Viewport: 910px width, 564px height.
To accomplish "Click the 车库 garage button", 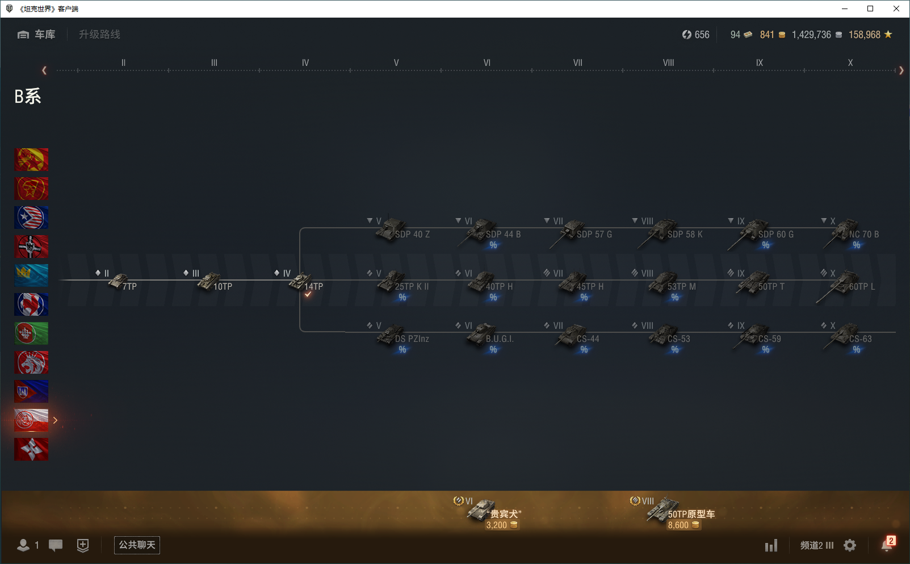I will click(37, 35).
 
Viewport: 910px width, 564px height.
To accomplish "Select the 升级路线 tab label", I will click(99, 35).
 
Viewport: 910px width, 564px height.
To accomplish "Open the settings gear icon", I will click(850, 545).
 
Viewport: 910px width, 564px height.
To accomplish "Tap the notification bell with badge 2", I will click(887, 545).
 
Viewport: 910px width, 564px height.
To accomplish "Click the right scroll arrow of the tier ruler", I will click(901, 70).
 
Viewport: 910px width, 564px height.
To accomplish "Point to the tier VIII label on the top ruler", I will click(668, 62).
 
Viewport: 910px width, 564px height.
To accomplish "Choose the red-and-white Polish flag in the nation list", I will click(31, 420).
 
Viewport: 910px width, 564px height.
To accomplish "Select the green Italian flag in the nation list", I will click(31, 333).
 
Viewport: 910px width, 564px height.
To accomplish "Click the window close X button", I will click(896, 9).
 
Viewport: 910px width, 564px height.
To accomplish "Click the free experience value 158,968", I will click(865, 35).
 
